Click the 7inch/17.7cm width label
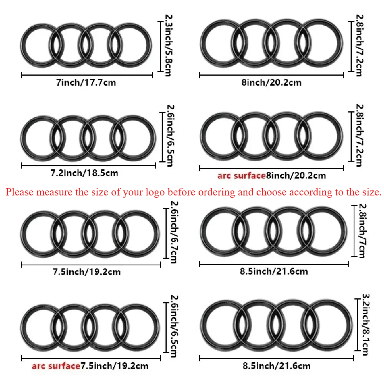pyautogui.click(x=86, y=83)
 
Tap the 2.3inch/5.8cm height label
pyautogui.click(x=169, y=45)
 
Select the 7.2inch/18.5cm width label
pyautogui.click(x=84, y=173)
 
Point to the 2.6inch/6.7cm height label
pyautogui.click(x=174, y=232)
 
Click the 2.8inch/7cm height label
pyautogui.click(x=363, y=231)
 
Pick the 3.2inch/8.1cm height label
pyautogui.click(x=366, y=324)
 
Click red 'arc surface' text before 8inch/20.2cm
pyautogui.click(x=242, y=175)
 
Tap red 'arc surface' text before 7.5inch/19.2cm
pyautogui.click(x=56, y=366)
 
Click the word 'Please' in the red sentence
pyautogui.click(x=20, y=192)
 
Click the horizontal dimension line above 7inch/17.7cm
pyautogui.click(x=87, y=75)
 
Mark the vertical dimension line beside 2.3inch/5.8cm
pyautogui.click(x=160, y=46)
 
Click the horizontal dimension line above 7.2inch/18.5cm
pyautogui.click(x=88, y=166)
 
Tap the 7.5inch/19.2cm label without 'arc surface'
pyautogui.click(x=87, y=272)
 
